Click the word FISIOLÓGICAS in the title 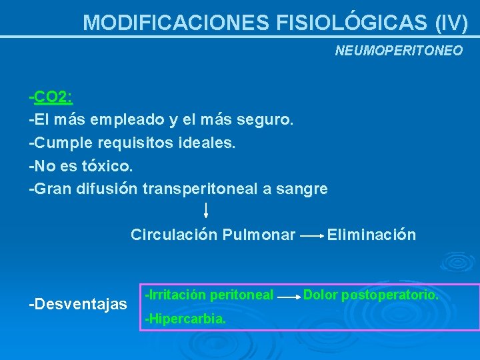point(351,23)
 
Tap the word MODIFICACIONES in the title point(175,23)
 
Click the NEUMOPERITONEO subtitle point(398,51)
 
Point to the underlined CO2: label point(53,97)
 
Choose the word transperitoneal point(200,189)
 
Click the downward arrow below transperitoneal point(206,211)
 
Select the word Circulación point(174,235)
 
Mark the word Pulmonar point(259,235)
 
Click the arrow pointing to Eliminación point(311,236)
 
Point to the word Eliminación point(371,235)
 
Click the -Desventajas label point(78,305)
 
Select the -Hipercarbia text point(185,319)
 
